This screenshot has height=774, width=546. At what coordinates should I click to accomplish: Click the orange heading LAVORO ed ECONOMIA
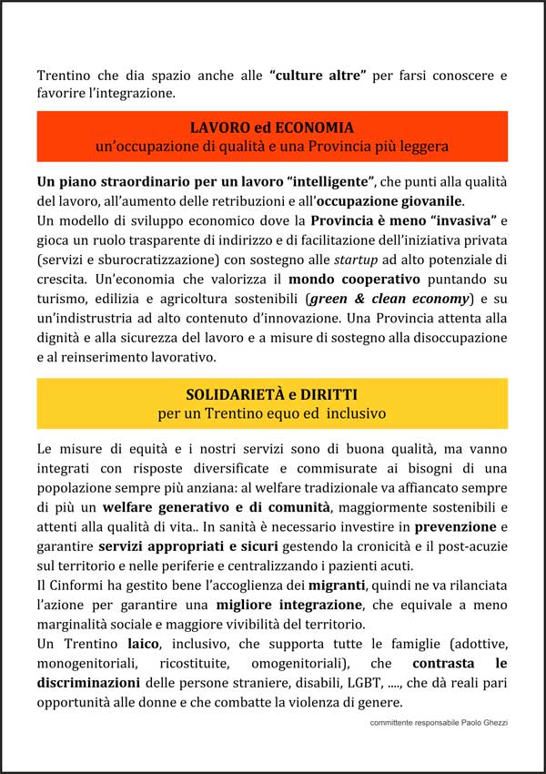click(272, 127)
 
